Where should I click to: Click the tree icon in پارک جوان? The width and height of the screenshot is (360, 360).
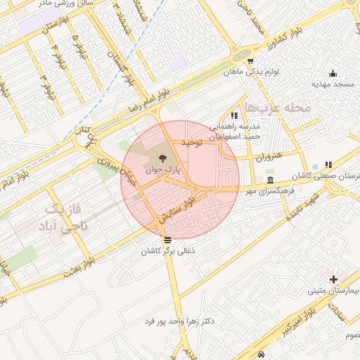click(x=163, y=157)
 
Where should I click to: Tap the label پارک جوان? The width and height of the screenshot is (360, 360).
click(x=163, y=170)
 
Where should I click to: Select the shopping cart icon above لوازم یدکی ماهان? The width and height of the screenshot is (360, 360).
click(x=240, y=60)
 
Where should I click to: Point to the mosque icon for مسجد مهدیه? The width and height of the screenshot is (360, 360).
click(x=333, y=73)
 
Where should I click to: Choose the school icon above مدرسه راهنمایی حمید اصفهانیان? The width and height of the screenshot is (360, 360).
click(x=234, y=115)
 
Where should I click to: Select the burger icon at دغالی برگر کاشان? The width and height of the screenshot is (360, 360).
click(x=167, y=240)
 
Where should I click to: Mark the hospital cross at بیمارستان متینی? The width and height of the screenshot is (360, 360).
click(x=333, y=279)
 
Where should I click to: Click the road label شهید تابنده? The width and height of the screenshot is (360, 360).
click(x=304, y=204)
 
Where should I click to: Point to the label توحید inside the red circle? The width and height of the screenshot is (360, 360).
click(x=191, y=142)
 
